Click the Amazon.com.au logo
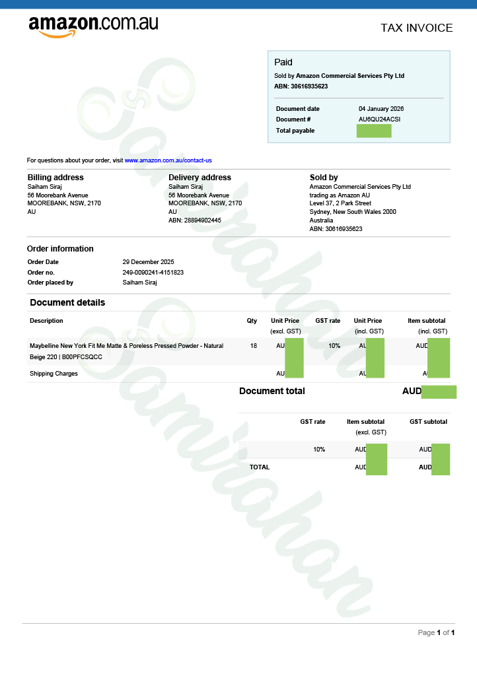click(93, 26)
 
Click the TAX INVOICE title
click(416, 28)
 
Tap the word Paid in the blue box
click(283, 62)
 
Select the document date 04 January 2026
click(381, 109)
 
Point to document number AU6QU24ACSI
click(379, 119)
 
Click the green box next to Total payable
click(373, 131)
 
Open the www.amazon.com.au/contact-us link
click(168, 160)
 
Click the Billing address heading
click(55, 178)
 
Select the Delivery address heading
click(200, 178)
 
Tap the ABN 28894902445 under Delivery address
click(195, 220)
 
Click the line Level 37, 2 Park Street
click(340, 203)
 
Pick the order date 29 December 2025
click(149, 262)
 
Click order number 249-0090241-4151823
click(153, 272)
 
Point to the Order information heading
click(60, 249)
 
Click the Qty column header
click(252, 321)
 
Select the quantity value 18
click(254, 346)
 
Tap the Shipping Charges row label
click(54, 374)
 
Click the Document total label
click(272, 391)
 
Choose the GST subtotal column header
click(428, 422)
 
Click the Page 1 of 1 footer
click(436, 632)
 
